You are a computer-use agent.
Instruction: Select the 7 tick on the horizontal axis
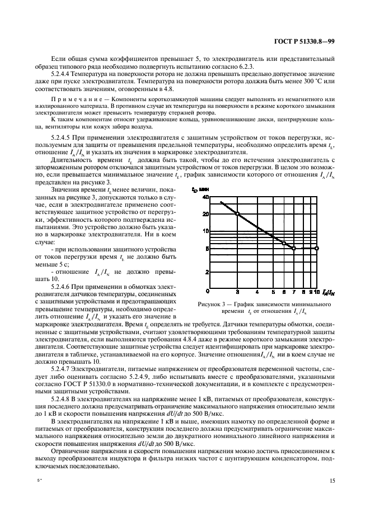pyautogui.click(x=294, y=291)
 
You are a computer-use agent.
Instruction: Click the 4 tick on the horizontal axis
pyautogui.click(x=257, y=291)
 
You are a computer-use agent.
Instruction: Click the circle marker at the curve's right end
pyautogui.click(x=317, y=248)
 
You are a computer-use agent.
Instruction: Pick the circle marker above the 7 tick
pyautogui.click(x=294, y=248)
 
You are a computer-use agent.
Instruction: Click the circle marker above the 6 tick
pyautogui.click(x=284, y=243)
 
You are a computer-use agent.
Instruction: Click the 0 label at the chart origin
pyautogui.click(x=208, y=291)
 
